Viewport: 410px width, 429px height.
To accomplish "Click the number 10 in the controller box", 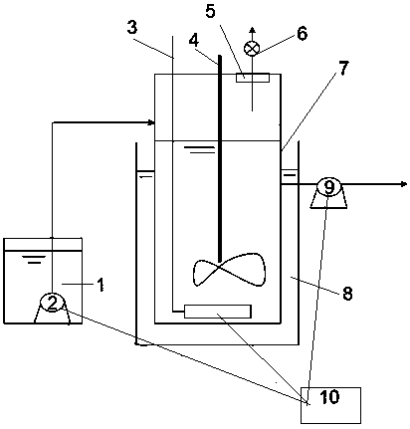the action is click(x=329, y=396).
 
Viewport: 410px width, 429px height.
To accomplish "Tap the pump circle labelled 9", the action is click(x=328, y=187).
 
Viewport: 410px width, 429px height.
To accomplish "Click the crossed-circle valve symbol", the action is click(x=252, y=49).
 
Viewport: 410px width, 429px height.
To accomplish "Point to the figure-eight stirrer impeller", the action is click(x=229, y=270).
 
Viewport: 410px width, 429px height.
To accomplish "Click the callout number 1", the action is click(x=101, y=285).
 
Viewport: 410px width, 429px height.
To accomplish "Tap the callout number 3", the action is click(x=132, y=28).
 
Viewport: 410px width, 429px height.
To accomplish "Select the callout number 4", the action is click(x=194, y=40).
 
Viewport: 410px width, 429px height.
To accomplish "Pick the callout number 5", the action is click(x=210, y=11).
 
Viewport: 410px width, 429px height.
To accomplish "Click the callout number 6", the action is click(x=302, y=34).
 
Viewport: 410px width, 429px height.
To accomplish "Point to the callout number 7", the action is click(x=343, y=69).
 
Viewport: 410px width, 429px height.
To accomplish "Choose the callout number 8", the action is click(x=347, y=294).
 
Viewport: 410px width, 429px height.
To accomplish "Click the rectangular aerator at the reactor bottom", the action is click(x=218, y=312).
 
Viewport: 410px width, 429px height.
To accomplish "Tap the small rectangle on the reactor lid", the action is click(x=253, y=78).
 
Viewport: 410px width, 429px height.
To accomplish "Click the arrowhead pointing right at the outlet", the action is click(x=404, y=184).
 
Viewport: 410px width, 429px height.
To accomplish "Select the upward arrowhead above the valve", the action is click(x=252, y=30).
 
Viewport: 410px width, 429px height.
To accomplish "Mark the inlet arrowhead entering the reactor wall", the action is click(x=151, y=122).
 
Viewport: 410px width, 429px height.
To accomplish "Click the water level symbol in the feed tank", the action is click(x=34, y=259).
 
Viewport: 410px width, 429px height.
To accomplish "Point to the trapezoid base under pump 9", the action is click(x=328, y=200).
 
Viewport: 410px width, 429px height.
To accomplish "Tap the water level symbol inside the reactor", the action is click(x=199, y=149).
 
